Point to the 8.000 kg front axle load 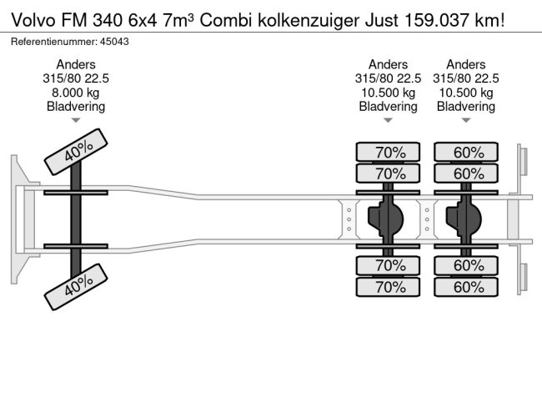click(76, 93)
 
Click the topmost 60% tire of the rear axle click(467, 153)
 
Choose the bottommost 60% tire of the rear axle click(467, 287)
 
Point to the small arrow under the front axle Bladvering click(76, 121)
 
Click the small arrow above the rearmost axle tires click(466, 121)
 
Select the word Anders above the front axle click(76, 64)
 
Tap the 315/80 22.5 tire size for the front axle click(76, 78)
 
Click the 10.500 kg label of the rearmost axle click(466, 93)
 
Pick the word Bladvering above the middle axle click(389, 107)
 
